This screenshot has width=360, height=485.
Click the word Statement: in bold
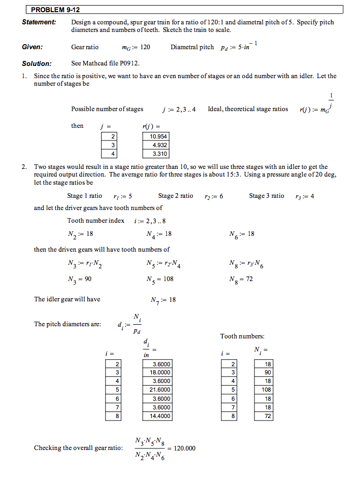39,22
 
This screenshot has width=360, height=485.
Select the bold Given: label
32,47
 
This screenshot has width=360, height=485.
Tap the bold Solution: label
37,63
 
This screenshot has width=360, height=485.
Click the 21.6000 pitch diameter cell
158,390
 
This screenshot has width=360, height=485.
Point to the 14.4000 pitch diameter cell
158,416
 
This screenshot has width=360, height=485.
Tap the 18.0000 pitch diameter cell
158,372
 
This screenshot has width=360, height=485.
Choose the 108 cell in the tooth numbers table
264,390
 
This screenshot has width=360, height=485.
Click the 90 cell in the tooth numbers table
264,372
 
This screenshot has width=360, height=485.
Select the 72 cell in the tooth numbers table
264,416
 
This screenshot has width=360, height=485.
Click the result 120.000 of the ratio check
184,448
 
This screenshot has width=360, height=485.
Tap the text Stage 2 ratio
176,196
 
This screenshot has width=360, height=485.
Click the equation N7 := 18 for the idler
163,300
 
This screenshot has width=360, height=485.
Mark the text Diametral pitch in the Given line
192,47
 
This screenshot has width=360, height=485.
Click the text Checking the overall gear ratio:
78,448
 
